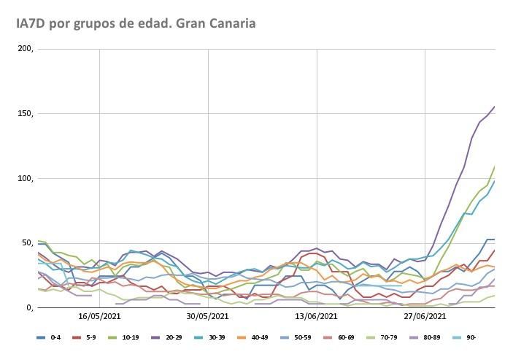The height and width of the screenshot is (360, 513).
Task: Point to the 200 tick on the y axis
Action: [x=26, y=50]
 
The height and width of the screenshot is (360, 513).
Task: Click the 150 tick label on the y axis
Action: [x=26, y=114]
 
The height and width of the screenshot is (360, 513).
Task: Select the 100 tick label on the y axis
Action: [x=26, y=179]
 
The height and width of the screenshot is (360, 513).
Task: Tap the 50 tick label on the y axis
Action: [x=27, y=243]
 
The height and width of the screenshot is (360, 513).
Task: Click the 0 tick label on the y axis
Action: [x=30, y=307]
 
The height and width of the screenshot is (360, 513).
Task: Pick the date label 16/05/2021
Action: [x=99, y=317]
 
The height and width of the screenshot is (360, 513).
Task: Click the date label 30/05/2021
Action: [x=208, y=317]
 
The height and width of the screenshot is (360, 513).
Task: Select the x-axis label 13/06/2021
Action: [x=316, y=317]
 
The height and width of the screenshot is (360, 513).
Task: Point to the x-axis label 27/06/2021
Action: [x=425, y=317]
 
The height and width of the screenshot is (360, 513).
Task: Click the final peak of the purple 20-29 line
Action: [x=494, y=107]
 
